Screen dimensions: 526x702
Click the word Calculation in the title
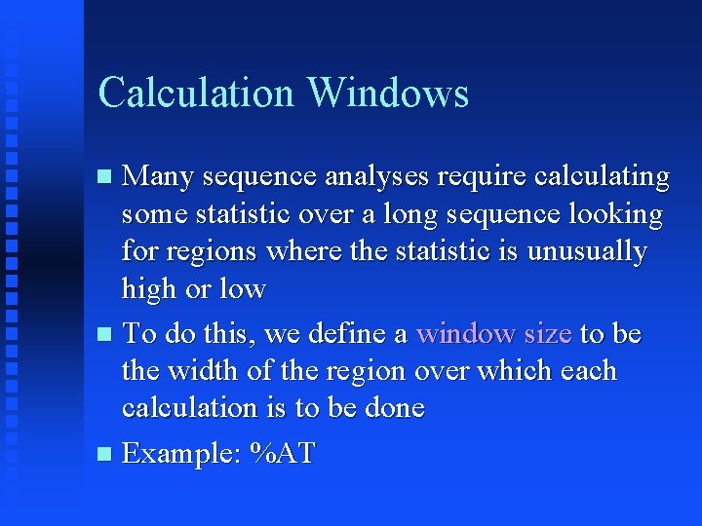196,93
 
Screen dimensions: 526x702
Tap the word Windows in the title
387,93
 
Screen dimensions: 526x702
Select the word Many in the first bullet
159,177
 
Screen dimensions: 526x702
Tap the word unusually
587,251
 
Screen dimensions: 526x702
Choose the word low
242,288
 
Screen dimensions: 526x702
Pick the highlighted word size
547,334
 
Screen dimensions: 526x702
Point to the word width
204,371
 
